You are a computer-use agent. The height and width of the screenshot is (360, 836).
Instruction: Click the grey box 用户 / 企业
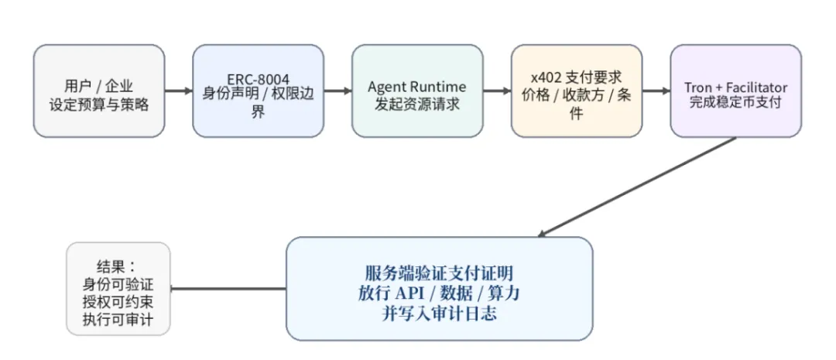point(99,91)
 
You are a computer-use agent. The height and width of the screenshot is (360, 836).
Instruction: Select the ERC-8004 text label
point(257,78)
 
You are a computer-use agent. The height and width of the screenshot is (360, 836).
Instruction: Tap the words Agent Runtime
point(416,86)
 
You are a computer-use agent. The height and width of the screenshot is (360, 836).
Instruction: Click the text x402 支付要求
point(576,78)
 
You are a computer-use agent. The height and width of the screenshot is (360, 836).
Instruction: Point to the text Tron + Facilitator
point(735,86)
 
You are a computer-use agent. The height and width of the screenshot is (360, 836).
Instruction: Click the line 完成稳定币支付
point(735,102)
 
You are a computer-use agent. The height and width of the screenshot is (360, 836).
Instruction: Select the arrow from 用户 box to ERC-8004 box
point(179,91)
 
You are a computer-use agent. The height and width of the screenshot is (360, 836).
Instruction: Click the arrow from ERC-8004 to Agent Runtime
point(337,91)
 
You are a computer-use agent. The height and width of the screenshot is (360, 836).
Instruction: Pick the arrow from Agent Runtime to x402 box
point(497,91)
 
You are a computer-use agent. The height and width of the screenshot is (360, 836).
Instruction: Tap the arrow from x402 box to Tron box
point(656,91)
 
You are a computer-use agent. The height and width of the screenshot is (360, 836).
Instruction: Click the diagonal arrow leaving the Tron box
point(639,186)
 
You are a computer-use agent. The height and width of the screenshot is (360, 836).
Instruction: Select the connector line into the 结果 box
point(228,289)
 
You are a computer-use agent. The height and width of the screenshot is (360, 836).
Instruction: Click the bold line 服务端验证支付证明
point(439,273)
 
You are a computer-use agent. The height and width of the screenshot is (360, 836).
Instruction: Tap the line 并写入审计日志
point(439,314)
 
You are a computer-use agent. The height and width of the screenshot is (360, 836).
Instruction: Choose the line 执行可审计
point(118,319)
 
